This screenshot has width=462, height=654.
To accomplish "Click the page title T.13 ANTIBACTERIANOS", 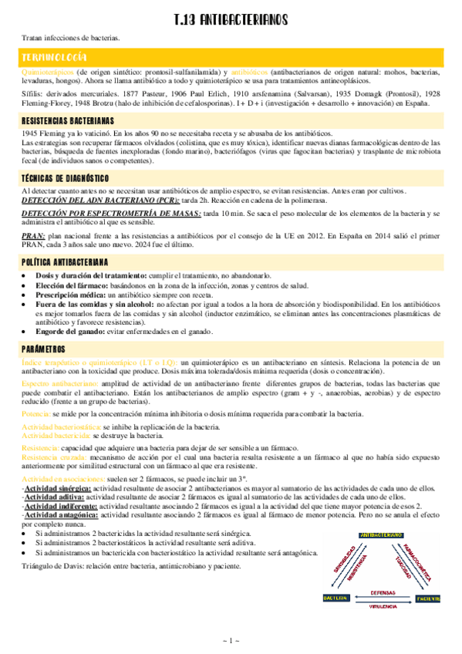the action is coord(231,19).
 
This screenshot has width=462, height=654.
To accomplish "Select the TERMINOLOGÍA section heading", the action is coord(54,58).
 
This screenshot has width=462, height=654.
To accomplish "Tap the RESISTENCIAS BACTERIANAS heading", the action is coord(68,121).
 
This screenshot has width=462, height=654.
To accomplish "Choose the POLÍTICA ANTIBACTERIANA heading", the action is coord(65,263).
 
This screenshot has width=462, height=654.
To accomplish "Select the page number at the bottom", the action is coord(231,641).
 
